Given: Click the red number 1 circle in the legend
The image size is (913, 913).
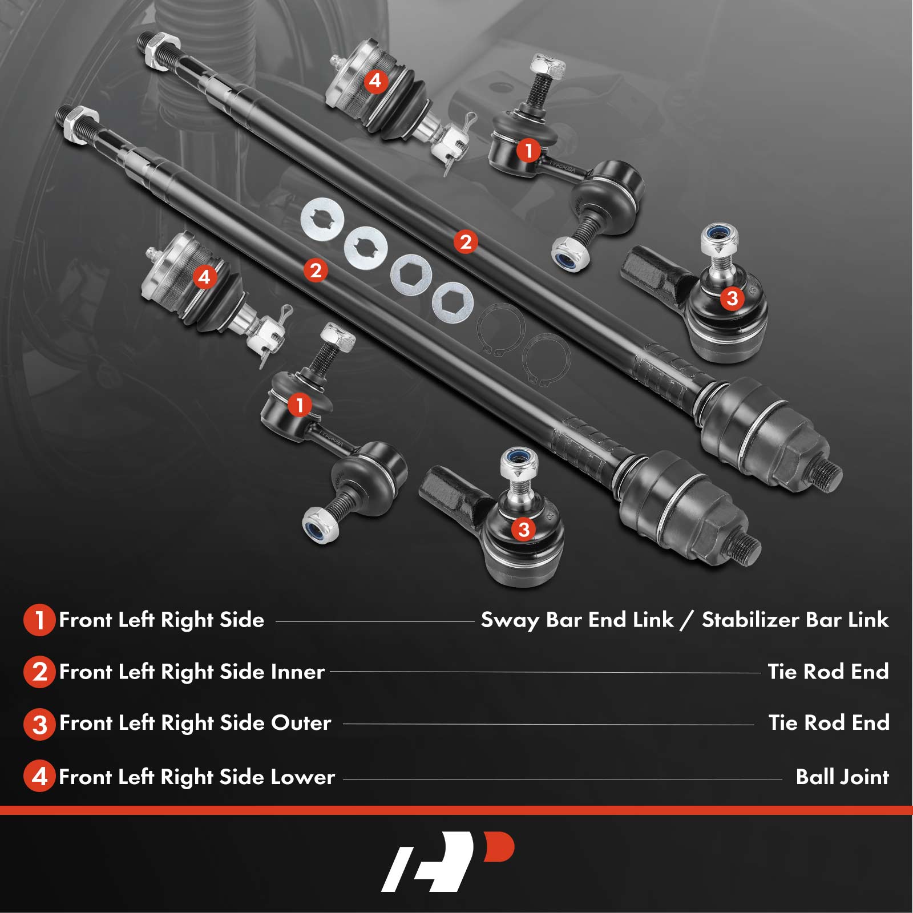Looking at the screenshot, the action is (x=39, y=620).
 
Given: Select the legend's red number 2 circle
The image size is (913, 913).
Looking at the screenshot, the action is (x=39, y=672).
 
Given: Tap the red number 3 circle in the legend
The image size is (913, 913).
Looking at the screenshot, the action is (x=39, y=724).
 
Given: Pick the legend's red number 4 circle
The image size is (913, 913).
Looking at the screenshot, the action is (x=39, y=777).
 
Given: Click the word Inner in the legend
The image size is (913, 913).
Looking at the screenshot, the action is (x=297, y=672).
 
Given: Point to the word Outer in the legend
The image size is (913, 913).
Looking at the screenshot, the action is (x=301, y=723).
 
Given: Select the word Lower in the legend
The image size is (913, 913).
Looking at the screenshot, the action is (x=302, y=777).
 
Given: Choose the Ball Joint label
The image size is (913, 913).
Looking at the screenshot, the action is (x=842, y=777).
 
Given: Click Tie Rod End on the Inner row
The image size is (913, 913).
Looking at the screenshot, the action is (x=828, y=672).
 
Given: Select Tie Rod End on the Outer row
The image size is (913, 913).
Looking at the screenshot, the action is (x=829, y=723).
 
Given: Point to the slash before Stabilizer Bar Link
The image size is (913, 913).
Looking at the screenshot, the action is (x=688, y=620).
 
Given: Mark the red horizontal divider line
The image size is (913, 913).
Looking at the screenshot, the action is (x=457, y=810).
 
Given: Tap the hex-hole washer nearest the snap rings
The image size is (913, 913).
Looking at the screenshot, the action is (x=453, y=302).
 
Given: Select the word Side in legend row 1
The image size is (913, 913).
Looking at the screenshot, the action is (x=242, y=620).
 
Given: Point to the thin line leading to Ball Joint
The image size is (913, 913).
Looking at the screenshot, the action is (x=563, y=779).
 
